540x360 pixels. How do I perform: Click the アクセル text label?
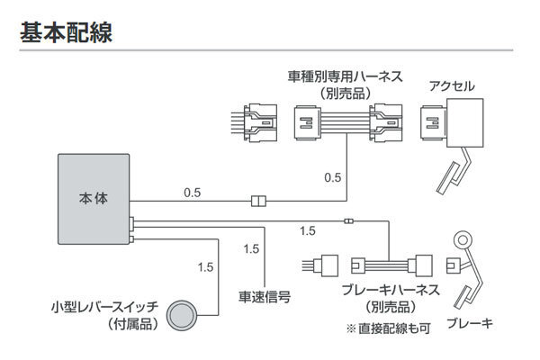pos(451,86)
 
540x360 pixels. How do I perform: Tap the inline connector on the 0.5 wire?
pos(259,201)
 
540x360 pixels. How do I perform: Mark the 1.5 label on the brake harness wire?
pos(308,231)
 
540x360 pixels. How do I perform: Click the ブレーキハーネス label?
pos(391,290)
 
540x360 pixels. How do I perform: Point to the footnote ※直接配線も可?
pos(393,328)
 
